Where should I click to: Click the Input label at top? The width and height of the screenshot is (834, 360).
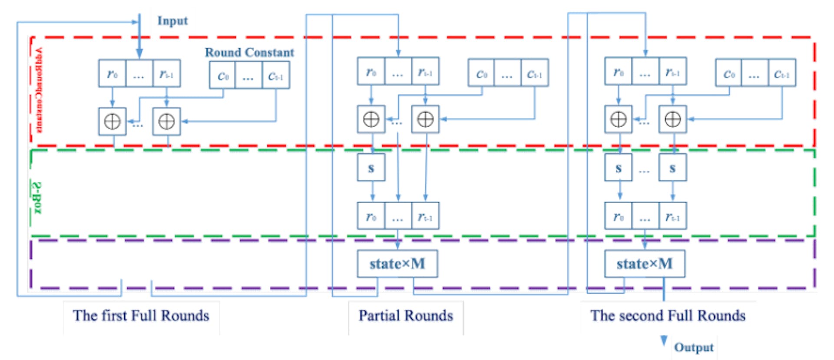pos(172,21)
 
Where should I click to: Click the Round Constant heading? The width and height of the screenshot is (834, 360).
pos(249,53)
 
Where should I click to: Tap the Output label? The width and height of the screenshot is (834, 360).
pos(694,347)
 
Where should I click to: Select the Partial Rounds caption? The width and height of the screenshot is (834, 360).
pos(406,316)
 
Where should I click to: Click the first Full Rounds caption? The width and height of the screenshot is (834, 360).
pos(141,316)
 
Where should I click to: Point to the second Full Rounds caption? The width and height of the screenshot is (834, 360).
pos(668,316)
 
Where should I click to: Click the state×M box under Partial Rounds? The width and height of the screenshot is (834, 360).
pos(397,264)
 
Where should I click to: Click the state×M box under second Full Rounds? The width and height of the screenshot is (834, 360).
pos(645,264)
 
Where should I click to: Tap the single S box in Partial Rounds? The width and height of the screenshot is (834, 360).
pos(371,168)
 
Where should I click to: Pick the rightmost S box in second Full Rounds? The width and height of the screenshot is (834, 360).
pos(672,168)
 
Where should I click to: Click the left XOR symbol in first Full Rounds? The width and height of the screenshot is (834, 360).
pos(113,122)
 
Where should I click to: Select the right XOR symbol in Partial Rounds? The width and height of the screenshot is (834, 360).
pos(425,119)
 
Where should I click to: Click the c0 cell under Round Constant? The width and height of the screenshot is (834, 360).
pos(223,76)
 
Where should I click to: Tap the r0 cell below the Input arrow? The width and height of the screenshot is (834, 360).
pos(113,74)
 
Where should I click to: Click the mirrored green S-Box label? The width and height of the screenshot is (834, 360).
pos(38,198)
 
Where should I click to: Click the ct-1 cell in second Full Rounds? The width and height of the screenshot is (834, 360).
pos(782,74)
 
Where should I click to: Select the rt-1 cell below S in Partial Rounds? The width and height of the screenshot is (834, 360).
pos(425,216)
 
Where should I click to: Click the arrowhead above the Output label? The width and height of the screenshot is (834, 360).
pos(664,340)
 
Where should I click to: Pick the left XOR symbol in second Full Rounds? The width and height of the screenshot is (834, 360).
pos(618,119)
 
